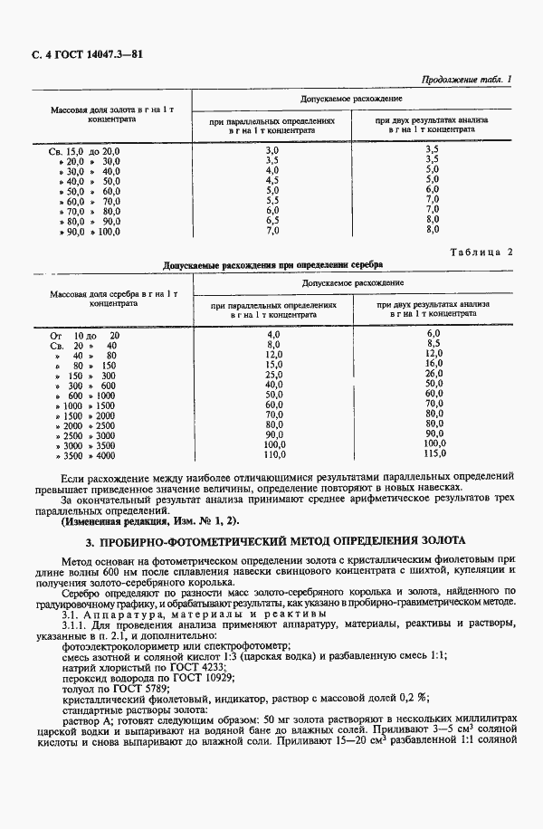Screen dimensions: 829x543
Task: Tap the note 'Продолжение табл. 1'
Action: click(x=466, y=80)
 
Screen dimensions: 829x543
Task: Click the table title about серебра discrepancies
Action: click(x=271, y=264)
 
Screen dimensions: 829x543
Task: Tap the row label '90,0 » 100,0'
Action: click(x=88, y=231)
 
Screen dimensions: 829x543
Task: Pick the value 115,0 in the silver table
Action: click(x=434, y=454)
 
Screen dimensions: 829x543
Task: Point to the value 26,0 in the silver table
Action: click(x=434, y=375)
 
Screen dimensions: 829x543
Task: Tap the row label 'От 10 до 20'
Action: click(x=83, y=335)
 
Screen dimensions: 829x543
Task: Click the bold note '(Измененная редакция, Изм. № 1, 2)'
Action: click(x=151, y=521)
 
